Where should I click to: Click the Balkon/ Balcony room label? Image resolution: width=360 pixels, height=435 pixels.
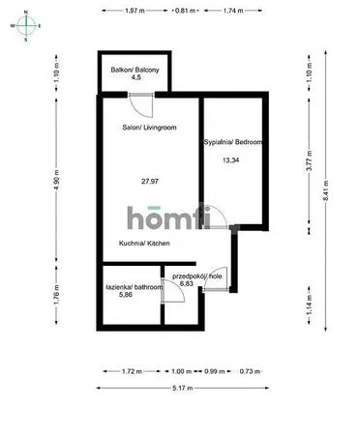pos(135,70)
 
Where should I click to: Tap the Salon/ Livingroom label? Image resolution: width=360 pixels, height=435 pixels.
pos(149,128)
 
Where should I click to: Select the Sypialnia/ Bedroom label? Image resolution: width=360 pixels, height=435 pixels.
pos(233,142)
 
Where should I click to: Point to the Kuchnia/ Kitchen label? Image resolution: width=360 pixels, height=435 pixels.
pos(144,243)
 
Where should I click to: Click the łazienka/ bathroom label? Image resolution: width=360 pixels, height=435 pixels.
pos(135,287)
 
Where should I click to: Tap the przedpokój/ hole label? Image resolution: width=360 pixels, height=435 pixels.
pos(197,276)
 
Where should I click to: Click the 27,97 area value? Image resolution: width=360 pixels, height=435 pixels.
pos(150,182)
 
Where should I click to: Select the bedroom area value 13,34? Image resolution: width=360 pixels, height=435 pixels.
pos(231,159)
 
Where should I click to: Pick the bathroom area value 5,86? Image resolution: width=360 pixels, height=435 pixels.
pos(126,294)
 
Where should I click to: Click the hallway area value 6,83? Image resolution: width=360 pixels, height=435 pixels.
pos(187,283)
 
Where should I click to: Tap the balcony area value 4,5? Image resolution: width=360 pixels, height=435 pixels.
pos(135,77)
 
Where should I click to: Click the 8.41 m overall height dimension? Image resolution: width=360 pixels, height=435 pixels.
pos(326,190)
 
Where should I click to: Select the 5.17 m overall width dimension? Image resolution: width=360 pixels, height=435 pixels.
pos(183,388)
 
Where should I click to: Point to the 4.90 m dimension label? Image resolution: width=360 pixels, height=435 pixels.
pos(57,180)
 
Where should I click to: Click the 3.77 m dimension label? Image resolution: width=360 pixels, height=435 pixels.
pos(310,161)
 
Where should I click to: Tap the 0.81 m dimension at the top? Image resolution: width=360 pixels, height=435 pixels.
pos(185,11)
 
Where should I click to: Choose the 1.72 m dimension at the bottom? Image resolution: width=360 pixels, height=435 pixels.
pos(132,371)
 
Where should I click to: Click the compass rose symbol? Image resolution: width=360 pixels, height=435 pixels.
pos(26,26)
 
